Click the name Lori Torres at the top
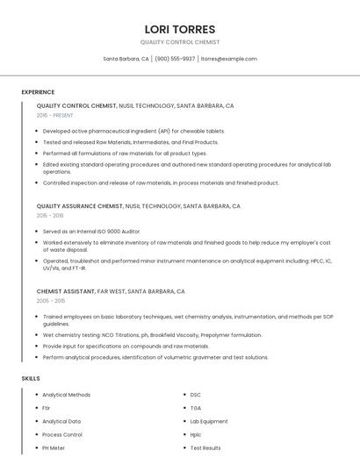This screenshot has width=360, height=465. [180, 29]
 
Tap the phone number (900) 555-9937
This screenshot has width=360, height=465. [175, 59]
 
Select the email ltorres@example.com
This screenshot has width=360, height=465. [228, 59]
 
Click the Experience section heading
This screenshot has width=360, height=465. [38, 92]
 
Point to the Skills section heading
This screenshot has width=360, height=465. [31, 378]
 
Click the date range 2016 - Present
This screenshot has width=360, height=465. [55, 115]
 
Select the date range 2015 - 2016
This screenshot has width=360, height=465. [50, 215]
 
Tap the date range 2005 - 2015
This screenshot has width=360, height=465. [50, 300]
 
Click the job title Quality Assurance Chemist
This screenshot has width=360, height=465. [80, 206]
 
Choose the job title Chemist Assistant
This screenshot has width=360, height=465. [66, 291]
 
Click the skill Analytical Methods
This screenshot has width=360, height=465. [67, 395]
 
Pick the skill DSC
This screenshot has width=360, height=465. [196, 395]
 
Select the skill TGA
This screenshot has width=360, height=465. [196, 408]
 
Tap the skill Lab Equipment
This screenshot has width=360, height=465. [209, 421]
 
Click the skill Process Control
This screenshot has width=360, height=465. [62, 434]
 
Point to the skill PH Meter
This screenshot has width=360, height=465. [54, 447]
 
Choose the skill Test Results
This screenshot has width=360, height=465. [205, 447]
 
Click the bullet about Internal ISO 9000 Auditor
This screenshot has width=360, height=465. [90, 231]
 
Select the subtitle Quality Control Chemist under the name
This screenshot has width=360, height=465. [180, 42]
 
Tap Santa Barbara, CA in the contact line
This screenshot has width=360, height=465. [126, 59]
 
